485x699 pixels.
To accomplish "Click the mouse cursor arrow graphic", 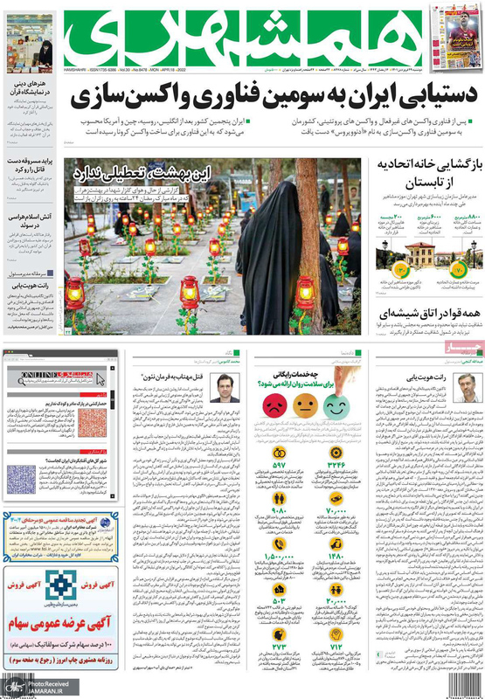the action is point(100,379).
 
